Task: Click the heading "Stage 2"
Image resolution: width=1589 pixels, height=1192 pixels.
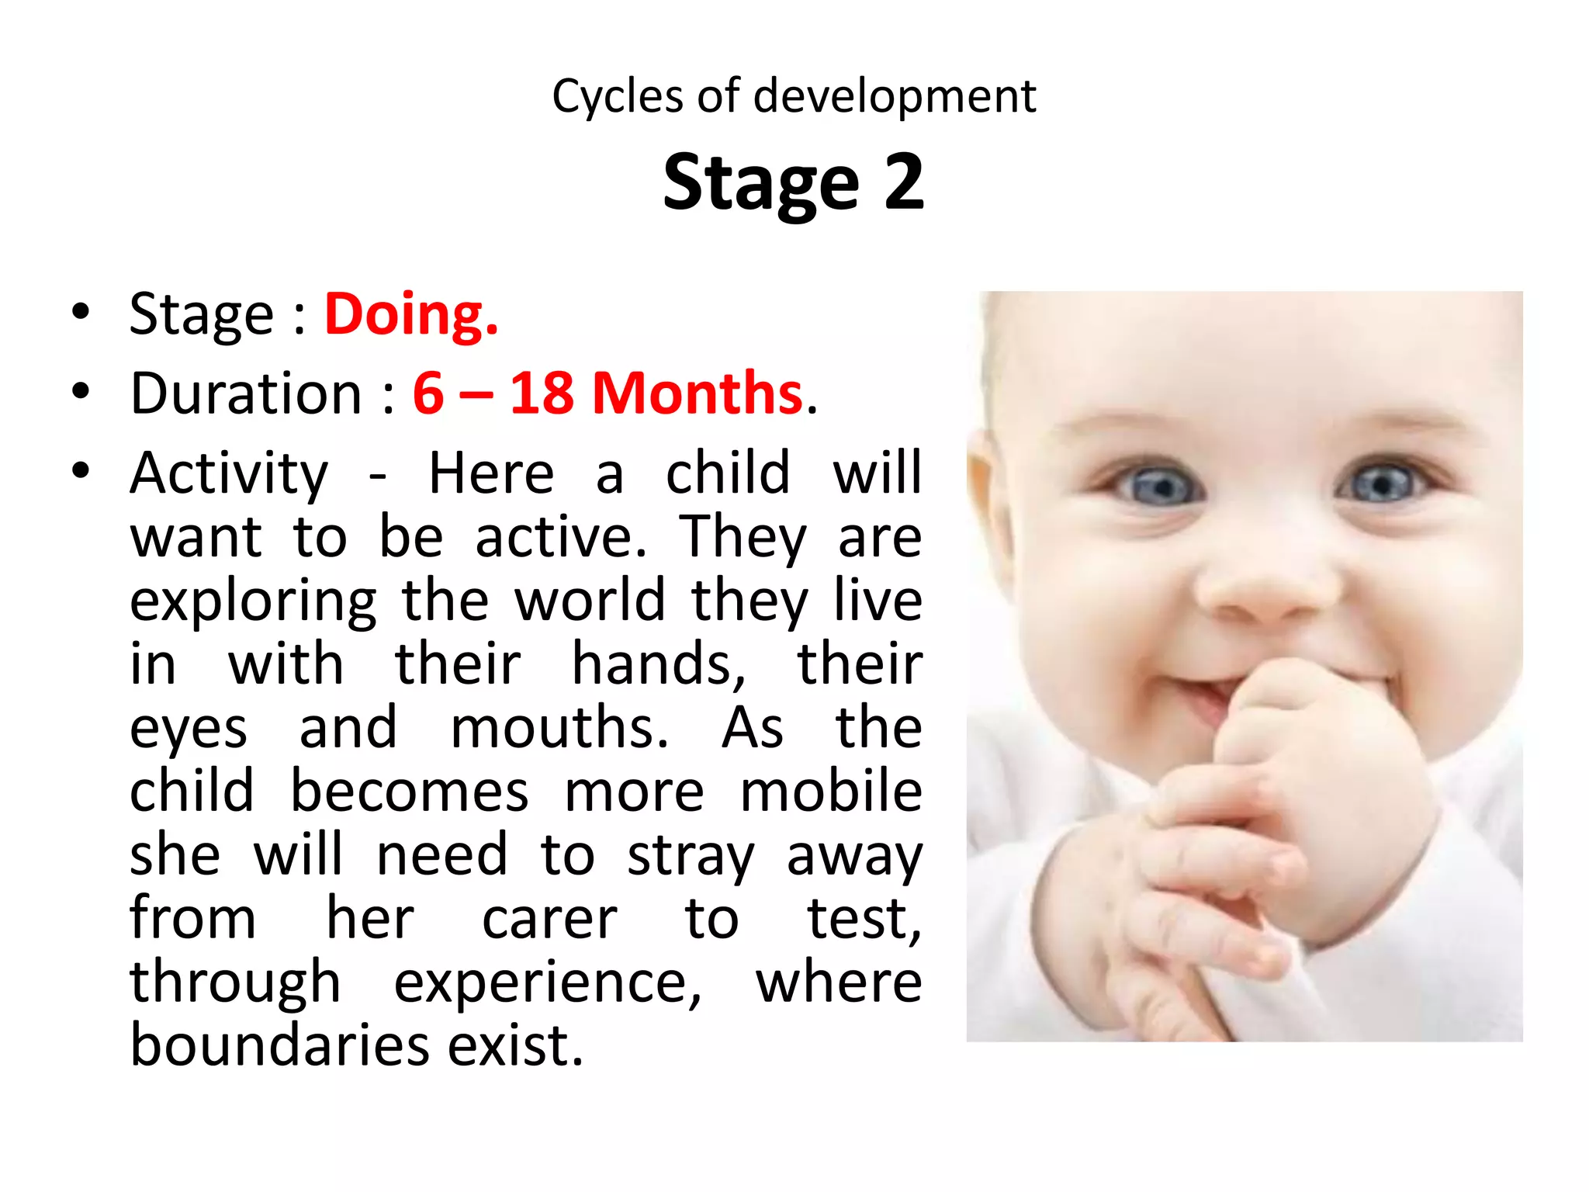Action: pos(794,182)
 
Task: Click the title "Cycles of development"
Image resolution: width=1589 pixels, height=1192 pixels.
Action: pos(794,97)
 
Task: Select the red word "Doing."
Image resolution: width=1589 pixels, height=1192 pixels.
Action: pos(410,315)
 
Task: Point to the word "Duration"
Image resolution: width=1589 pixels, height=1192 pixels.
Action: pos(246,393)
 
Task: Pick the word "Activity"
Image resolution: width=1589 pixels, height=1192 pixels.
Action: pos(229,473)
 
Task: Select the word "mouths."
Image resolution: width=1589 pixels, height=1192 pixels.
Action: pos(559,728)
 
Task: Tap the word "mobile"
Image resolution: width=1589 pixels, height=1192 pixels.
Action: pos(831,792)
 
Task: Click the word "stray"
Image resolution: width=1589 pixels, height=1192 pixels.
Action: pos(690,857)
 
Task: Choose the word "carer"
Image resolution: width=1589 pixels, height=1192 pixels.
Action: pos(549,920)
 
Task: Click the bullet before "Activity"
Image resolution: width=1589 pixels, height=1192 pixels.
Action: pos(80,470)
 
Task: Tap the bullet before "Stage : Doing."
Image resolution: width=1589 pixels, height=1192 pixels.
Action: pos(80,312)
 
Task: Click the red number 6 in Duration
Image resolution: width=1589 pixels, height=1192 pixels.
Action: pos(428,393)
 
